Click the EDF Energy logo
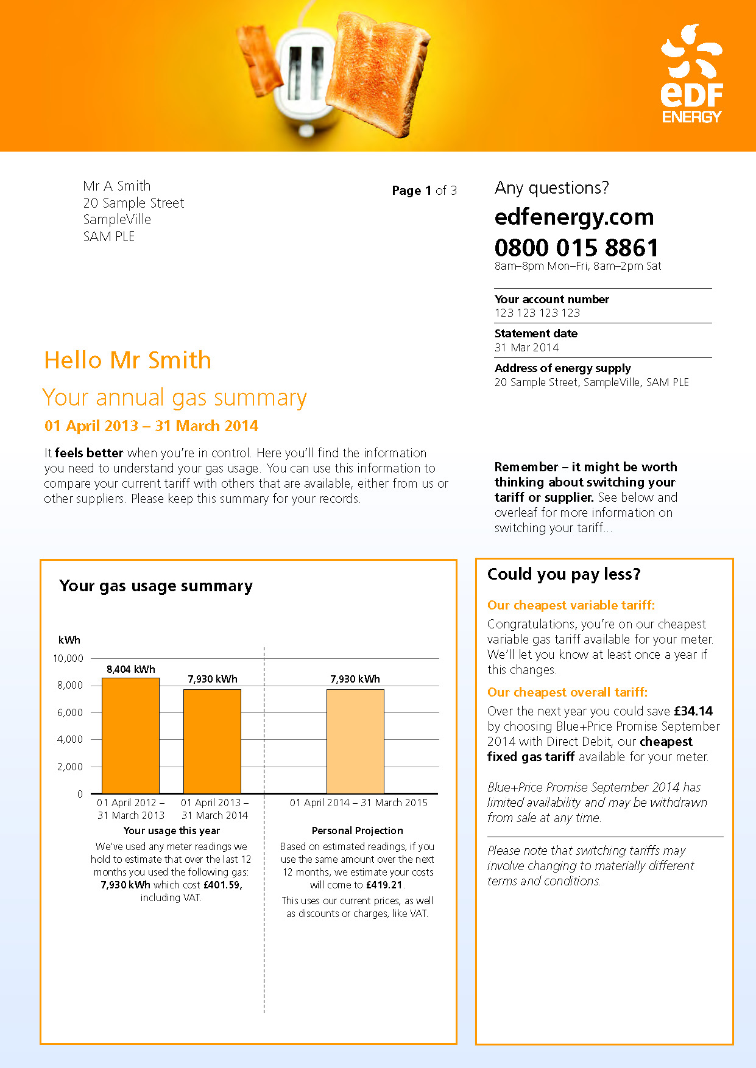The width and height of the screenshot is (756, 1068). click(691, 74)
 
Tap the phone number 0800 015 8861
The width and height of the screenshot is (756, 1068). click(576, 248)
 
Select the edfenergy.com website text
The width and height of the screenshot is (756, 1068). click(574, 217)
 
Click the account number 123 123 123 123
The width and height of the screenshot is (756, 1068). click(537, 313)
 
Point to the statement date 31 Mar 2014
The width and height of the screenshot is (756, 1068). click(526, 348)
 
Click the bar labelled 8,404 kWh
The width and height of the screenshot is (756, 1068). click(130, 736)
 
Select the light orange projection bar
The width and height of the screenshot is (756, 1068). click(355, 741)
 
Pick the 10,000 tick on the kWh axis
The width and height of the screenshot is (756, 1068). click(68, 658)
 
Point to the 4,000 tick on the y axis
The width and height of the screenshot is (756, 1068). click(70, 739)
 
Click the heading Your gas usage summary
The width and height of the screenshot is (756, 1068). click(156, 586)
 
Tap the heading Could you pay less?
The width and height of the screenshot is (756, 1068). click(563, 574)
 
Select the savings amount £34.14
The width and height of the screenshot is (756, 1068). click(693, 711)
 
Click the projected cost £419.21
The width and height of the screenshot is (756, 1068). click(384, 885)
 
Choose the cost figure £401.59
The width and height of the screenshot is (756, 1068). click(222, 885)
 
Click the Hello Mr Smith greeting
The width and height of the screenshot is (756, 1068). click(128, 360)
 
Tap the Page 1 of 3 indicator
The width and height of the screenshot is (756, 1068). click(424, 191)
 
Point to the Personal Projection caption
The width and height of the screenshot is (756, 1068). click(357, 831)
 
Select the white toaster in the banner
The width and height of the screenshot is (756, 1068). click(305, 79)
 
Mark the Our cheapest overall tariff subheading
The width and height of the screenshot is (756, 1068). click(567, 692)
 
